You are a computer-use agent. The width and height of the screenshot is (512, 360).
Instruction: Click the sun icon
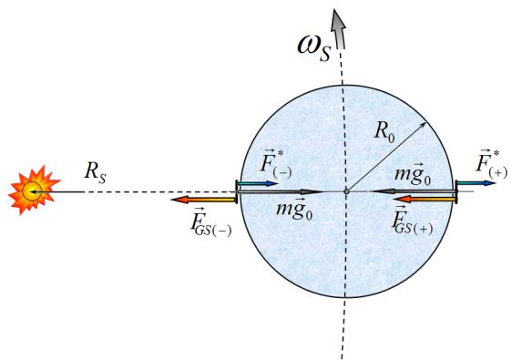[x=34, y=190]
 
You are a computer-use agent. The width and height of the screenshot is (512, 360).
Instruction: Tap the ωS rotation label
[x=315, y=48]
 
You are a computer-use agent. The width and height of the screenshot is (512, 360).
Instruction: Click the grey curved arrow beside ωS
[x=338, y=29]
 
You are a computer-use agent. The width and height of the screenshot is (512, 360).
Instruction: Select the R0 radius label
[x=384, y=132]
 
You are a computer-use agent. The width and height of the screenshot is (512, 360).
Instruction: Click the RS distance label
[x=96, y=172]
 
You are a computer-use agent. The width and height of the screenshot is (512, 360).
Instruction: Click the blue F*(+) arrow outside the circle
[x=476, y=183]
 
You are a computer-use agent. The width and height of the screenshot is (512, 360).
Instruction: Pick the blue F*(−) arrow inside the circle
[x=257, y=183]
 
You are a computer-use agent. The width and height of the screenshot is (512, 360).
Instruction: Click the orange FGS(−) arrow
[x=203, y=200]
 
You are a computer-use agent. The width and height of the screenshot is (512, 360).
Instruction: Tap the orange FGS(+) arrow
[x=425, y=199]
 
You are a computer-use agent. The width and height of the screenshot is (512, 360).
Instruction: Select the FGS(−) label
[x=210, y=221]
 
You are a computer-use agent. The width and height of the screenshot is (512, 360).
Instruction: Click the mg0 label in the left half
[x=294, y=209]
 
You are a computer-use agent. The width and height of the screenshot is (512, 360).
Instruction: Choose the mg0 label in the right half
[x=413, y=174]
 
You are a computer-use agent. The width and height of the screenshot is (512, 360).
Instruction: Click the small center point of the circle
[x=346, y=191]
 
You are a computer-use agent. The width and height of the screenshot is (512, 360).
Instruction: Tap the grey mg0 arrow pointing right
[x=281, y=192]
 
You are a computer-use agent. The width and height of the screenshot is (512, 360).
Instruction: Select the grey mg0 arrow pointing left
[x=413, y=191]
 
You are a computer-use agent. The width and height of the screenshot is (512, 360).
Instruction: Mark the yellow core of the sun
[x=32, y=190]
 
